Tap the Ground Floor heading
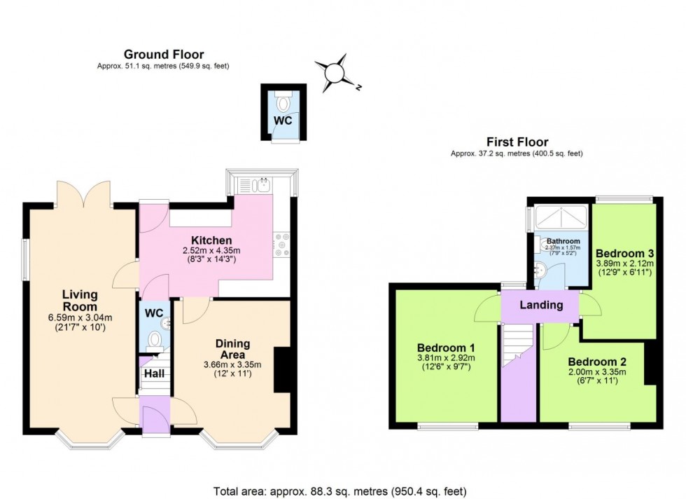tap(164, 55)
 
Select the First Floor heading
tap(517, 142)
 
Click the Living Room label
tap(80, 300)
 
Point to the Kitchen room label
tap(211, 240)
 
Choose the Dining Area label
tap(232, 349)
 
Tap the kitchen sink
tap(263, 184)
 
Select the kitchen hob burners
tap(281, 245)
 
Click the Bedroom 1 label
tap(446, 348)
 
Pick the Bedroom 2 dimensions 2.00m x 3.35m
tap(596, 372)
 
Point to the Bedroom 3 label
tap(624, 253)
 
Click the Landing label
tap(541, 305)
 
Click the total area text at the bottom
tap(340, 491)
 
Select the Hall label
tap(155, 374)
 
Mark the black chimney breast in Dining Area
tap(282, 370)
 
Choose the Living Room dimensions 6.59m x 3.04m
tap(80, 317)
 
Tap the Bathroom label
tap(563, 241)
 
